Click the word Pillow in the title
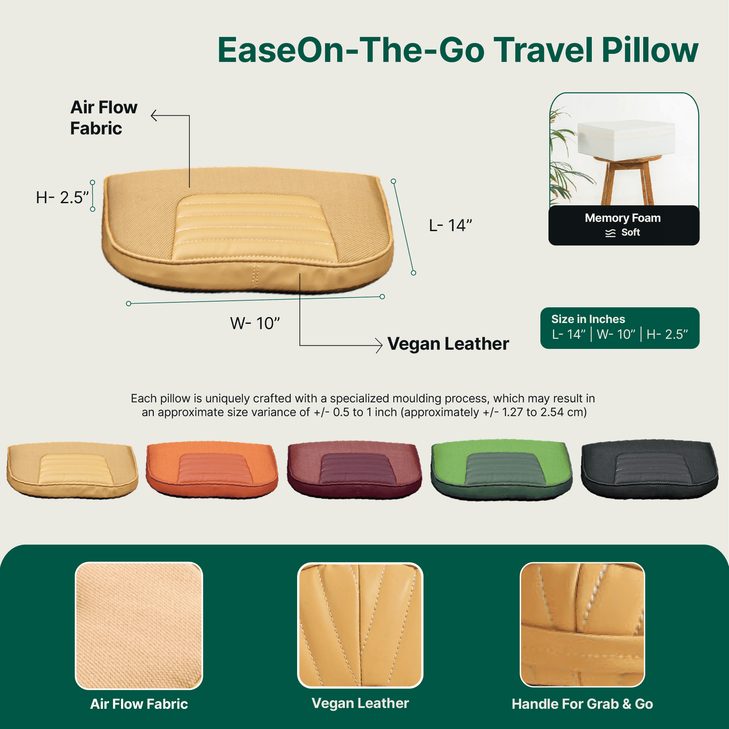click(650, 50)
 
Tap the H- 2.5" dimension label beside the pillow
click(63, 197)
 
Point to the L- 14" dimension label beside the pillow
click(451, 226)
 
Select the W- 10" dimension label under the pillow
click(255, 323)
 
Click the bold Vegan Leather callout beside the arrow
click(448, 344)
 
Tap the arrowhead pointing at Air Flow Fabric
click(154, 116)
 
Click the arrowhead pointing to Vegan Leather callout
click(379, 346)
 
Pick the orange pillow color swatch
click(212, 469)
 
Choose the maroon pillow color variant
click(354, 470)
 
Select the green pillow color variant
click(501, 470)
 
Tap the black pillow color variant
click(649, 469)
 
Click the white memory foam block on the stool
click(626, 138)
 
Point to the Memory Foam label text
click(623, 218)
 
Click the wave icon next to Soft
click(610, 233)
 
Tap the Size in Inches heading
click(588, 319)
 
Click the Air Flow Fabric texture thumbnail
click(139, 626)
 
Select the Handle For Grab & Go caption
click(582, 704)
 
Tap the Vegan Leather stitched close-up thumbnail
click(360, 625)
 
